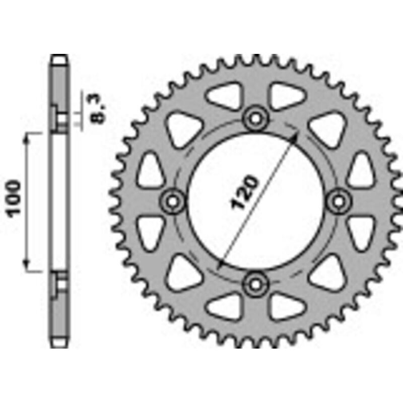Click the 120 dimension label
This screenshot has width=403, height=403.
pyautogui.click(x=244, y=192)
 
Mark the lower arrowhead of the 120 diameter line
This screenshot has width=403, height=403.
pyautogui.click(x=219, y=266)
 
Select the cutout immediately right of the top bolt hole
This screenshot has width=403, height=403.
pyautogui.click(x=285, y=96)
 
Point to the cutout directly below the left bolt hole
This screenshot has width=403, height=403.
pyautogui.click(x=150, y=233)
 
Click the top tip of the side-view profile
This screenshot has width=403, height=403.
pyautogui.click(x=59, y=56)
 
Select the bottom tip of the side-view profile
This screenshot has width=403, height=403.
pyautogui.click(x=59, y=346)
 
